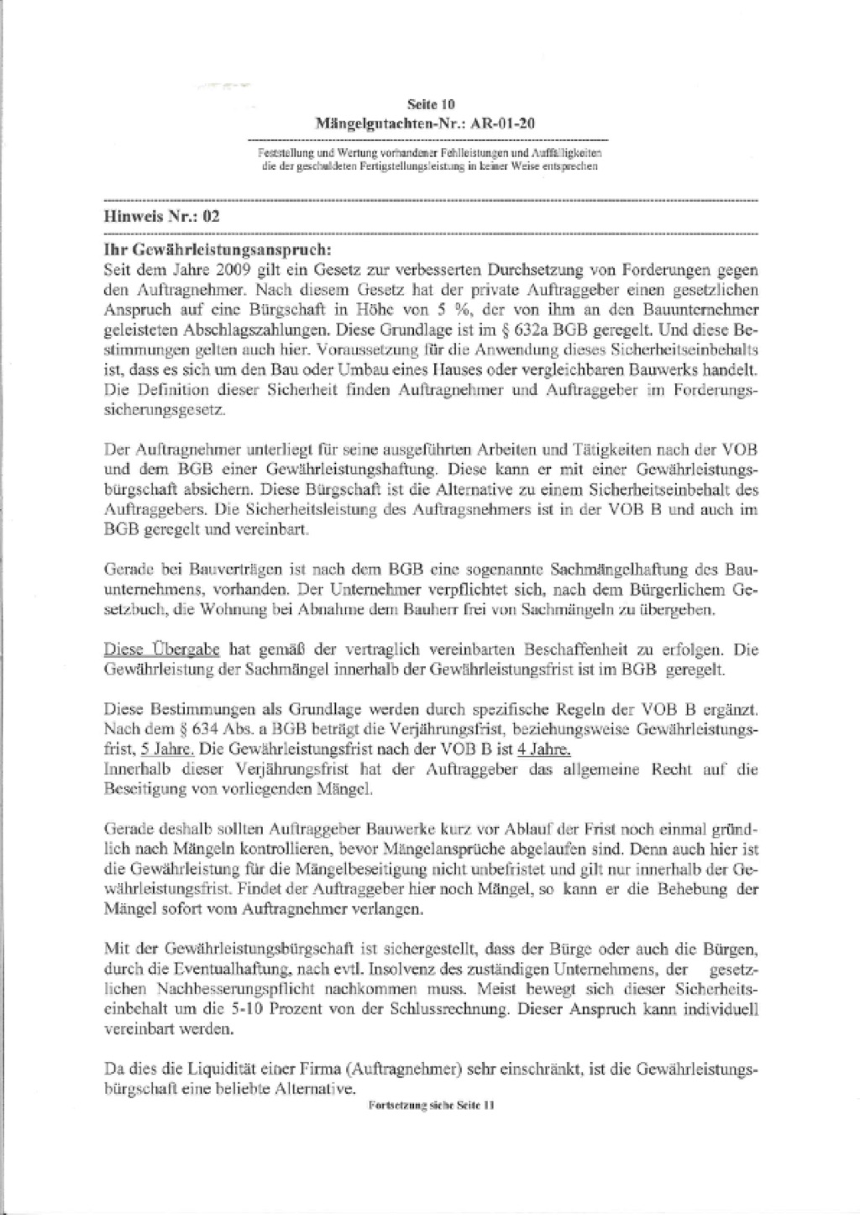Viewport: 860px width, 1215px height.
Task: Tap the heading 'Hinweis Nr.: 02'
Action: click(x=161, y=215)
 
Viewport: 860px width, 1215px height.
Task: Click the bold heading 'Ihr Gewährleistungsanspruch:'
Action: click(x=218, y=250)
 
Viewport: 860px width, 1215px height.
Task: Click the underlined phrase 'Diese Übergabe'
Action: click(x=162, y=649)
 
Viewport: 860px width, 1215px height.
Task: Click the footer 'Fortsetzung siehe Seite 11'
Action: click(x=432, y=1107)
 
